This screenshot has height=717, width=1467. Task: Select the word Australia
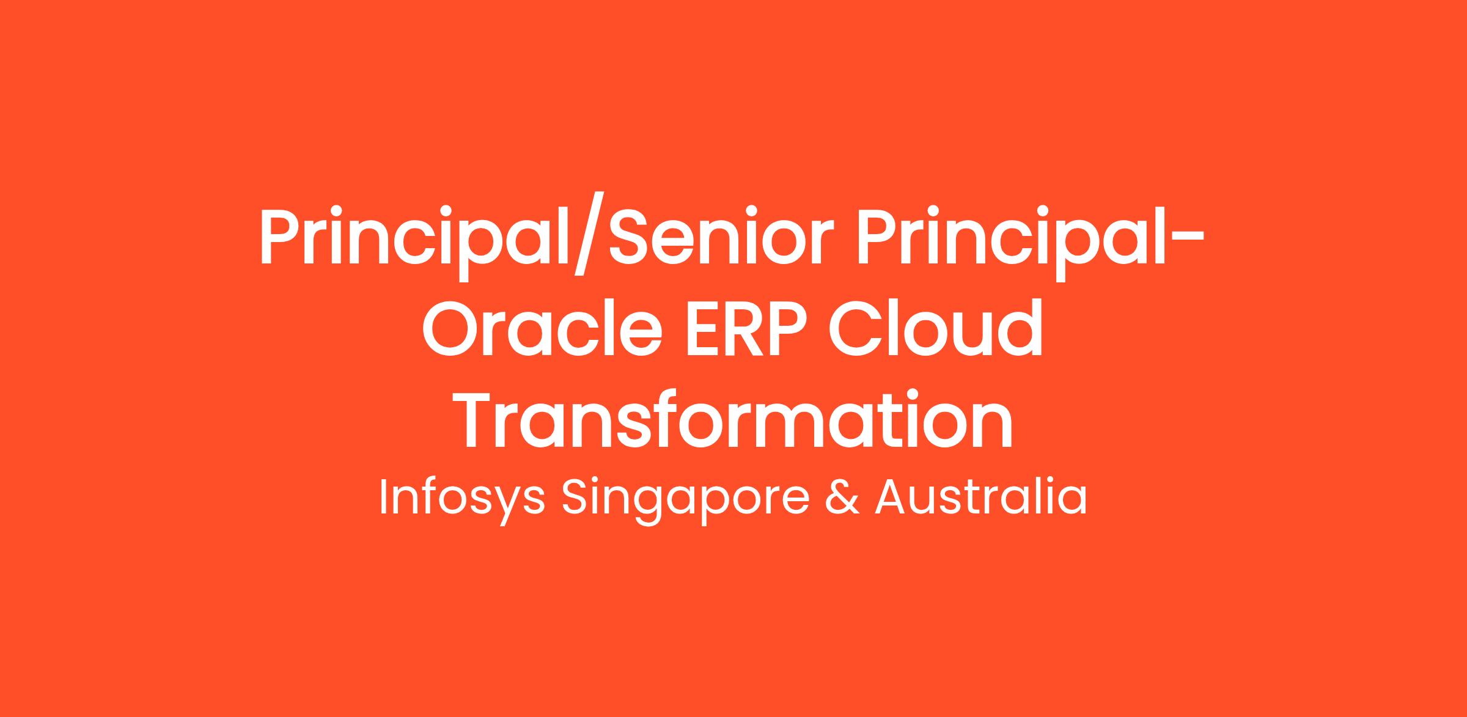[x=981, y=497]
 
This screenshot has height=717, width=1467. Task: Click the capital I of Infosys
[x=383, y=497]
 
